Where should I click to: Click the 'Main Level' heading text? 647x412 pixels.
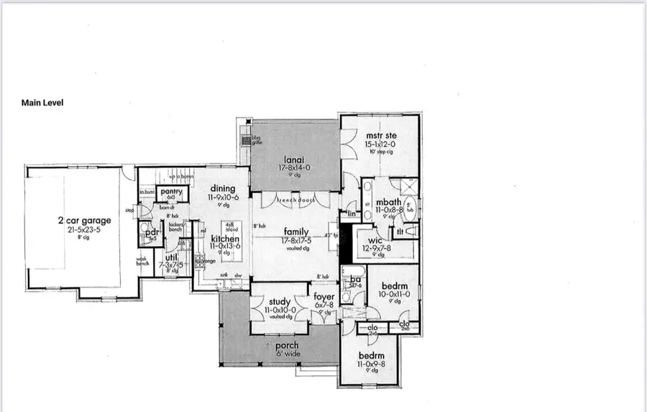pyautogui.click(x=42, y=103)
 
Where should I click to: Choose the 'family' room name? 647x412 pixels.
pyautogui.click(x=296, y=231)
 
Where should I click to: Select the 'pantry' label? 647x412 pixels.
pyautogui.click(x=171, y=191)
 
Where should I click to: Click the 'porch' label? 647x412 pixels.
pyautogui.click(x=288, y=346)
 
